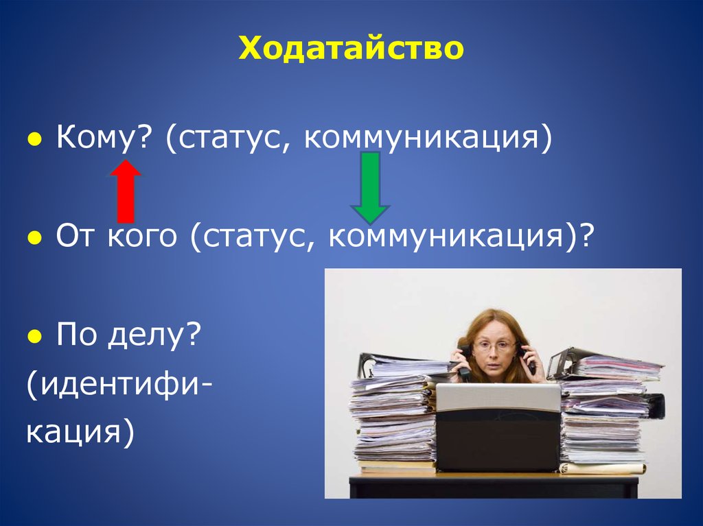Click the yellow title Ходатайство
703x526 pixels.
351,48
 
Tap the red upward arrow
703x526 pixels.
126,191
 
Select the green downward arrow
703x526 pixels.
370,188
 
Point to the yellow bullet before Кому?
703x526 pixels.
34,139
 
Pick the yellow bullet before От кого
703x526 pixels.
34,237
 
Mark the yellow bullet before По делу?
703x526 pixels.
34,335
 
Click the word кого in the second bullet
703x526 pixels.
143,236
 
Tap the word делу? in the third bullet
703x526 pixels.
153,335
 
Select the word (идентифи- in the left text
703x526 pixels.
119,385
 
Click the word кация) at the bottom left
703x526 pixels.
80,432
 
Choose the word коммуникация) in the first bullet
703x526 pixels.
428,136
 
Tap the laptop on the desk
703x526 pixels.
498,428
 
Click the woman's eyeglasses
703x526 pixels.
494,346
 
